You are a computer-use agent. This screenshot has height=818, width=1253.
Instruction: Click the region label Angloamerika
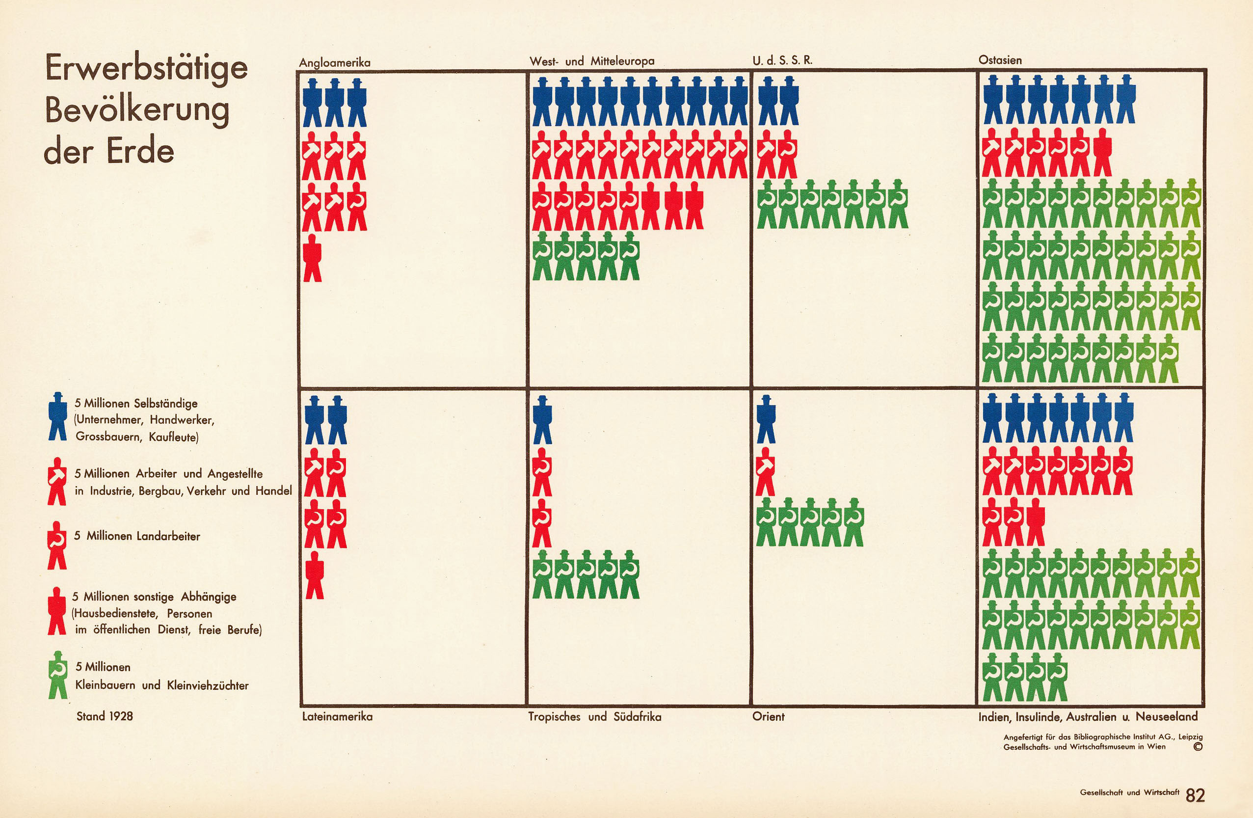click(x=335, y=63)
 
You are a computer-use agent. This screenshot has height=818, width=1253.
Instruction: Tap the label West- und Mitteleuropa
click(x=592, y=61)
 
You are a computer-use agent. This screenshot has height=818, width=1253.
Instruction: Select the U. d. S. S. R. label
click(x=782, y=60)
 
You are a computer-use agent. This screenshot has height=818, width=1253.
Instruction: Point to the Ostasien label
click(x=1000, y=60)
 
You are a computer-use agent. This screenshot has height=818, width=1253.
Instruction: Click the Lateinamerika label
click(x=338, y=716)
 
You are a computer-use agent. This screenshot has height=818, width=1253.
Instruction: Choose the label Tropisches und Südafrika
click(x=594, y=716)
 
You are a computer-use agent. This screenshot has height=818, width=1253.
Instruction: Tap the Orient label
click(x=768, y=716)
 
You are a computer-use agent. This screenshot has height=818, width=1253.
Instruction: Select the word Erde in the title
click(x=140, y=151)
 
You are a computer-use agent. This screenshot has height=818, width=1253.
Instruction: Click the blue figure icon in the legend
click(x=57, y=416)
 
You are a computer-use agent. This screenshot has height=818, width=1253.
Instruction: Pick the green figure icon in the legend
click(x=58, y=675)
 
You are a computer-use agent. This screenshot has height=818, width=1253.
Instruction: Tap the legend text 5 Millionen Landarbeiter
click(x=137, y=536)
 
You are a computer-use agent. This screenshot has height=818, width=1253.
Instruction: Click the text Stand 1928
click(x=105, y=716)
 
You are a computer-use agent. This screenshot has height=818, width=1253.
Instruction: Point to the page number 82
click(x=1195, y=795)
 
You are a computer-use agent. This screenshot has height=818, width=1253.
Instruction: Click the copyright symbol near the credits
click(x=1198, y=747)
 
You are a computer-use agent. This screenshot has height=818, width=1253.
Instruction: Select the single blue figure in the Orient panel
click(x=766, y=420)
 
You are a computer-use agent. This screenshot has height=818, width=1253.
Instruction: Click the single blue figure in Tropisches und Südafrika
click(x=542, y=420)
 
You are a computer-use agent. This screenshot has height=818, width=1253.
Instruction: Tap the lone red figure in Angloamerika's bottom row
click(x=313, y=258)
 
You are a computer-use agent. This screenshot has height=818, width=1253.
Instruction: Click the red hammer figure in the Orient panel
click(x=766, y=471)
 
